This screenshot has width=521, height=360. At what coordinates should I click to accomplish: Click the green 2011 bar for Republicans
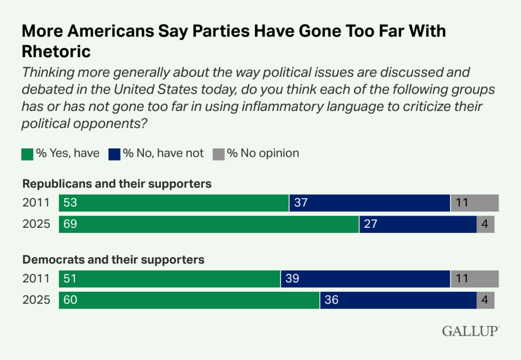point(173,203)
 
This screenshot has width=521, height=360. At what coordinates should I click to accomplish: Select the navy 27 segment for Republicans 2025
point(418,224)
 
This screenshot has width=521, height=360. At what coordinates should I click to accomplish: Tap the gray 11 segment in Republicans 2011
point(474,203)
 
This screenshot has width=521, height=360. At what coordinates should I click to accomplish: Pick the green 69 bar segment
point(209,224)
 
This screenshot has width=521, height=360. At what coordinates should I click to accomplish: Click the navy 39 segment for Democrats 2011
point(365,279)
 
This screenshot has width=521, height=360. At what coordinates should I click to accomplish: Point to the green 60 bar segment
point(189,300)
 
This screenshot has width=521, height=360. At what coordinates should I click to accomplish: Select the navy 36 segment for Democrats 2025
point(398,300)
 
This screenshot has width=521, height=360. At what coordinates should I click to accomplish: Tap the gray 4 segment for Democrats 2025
point(485,300)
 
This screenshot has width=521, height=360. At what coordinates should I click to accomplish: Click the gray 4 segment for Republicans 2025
point(485,224)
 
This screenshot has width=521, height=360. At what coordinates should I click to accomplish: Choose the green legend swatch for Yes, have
point(27,154)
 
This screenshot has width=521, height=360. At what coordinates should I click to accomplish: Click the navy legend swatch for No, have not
point(114,154)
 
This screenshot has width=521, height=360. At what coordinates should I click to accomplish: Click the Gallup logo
point(470,331)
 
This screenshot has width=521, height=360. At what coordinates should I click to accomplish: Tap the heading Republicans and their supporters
point(117,184)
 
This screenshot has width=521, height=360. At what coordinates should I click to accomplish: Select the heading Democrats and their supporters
point(113,259)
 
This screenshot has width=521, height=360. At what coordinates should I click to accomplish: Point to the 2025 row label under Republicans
point(36,224)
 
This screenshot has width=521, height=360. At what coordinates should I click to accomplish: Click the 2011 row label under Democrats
point(36,279)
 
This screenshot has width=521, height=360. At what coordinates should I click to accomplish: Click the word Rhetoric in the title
point(56,51)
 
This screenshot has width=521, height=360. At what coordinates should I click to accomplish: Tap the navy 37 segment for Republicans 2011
point(369,203)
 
